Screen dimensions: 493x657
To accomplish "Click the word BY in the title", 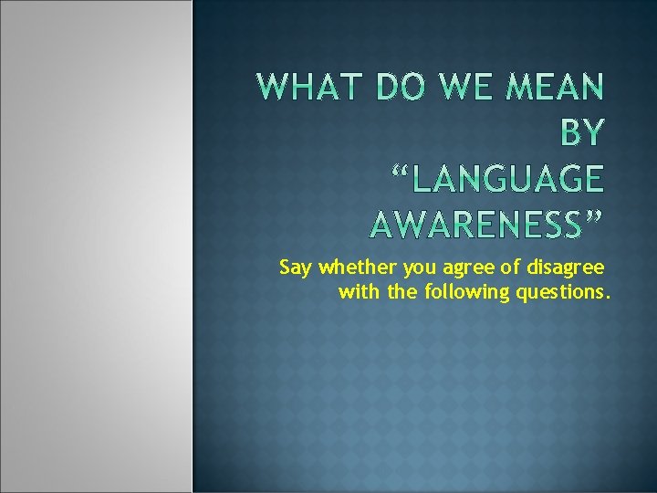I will [580, 133].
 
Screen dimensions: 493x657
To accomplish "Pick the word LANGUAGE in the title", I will [507, 178].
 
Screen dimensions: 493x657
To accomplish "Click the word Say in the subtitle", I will [296, 268].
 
